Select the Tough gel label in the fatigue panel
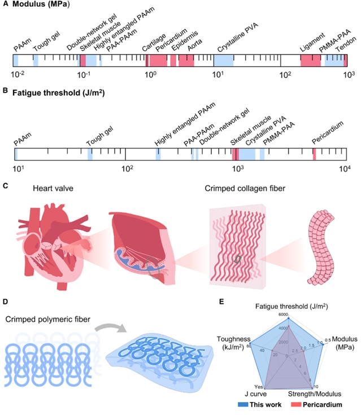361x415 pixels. pos(97,136)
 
